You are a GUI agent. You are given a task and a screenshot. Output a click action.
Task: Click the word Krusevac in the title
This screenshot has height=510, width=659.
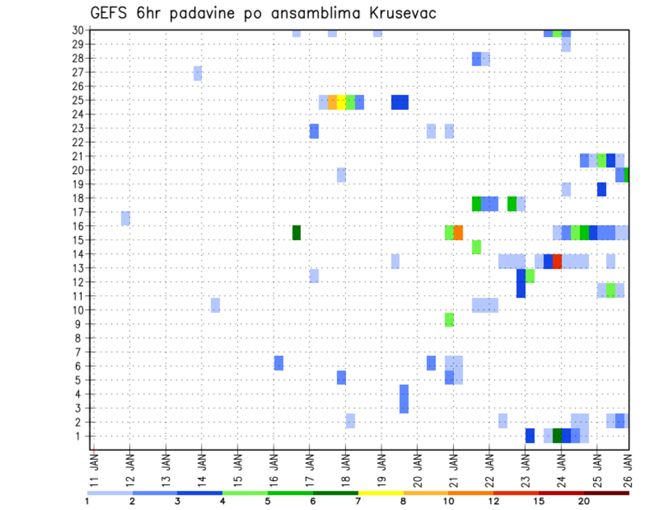tap(399, 13)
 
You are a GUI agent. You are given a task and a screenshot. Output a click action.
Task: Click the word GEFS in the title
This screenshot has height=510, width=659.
tap(109, 13)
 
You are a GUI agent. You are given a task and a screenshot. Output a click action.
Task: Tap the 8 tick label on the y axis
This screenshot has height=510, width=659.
tap(80, 338)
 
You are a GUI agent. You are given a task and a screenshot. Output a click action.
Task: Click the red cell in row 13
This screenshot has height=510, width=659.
tap(557, 261)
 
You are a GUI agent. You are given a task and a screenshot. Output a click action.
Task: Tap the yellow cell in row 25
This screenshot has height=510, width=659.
tap(341, 102)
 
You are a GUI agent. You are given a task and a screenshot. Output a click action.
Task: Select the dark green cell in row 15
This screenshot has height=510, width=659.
tap(297, 232)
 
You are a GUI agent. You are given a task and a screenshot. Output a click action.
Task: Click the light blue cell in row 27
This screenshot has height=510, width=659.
tap(198, 73)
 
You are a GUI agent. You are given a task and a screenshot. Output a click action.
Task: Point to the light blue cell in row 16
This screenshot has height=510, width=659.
tap(126, 218)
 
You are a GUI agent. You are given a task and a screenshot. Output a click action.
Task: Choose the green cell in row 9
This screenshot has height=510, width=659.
tap(449, 320)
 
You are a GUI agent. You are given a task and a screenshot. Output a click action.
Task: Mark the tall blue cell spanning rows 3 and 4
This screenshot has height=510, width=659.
tap(404, 399)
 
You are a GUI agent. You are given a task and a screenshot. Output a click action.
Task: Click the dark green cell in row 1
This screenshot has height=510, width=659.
tap(557, 436)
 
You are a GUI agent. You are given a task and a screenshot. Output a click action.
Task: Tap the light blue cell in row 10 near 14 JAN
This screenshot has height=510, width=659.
tap(216, 304)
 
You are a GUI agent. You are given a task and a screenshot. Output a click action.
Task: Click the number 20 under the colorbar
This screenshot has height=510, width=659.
tap(584, 501)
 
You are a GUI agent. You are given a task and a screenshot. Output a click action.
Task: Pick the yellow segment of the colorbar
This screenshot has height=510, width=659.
tap(381, 493)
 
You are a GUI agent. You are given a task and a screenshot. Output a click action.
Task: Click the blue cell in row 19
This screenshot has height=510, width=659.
tap(601, 189)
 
